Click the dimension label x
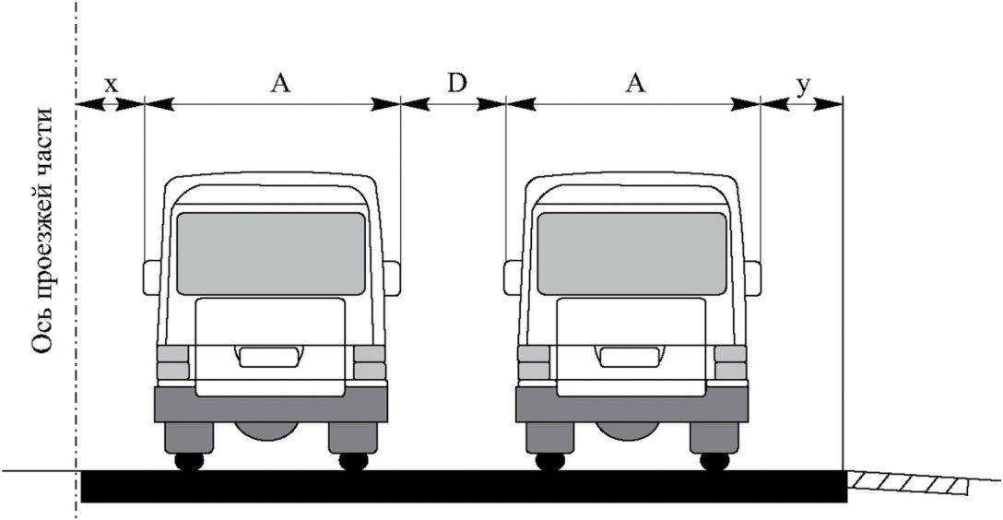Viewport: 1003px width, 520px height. pyautogui.click(x=112, y=86)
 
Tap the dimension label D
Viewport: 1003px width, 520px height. pyautogui.click(x=456, y=83)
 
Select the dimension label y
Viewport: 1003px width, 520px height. pyautogui.click(x=804, y=86)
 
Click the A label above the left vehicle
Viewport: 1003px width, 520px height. pyautogui.click(x=280, y=83)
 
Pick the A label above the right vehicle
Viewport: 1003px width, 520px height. pyautogui.click(x=634, y=83)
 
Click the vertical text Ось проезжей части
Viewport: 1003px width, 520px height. pyautogui.click(x=42, y=230)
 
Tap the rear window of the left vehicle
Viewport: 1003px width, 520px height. pyautogui.click(x=271, y=254)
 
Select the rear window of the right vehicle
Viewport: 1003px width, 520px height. pyautogui.click(x=632, y=254)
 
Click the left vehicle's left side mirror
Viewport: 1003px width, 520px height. pyautogui.click(x=151, y=278)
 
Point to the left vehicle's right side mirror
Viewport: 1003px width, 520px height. pyautogui.click(x=392, y=278)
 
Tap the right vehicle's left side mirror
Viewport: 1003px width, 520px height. pyautogui.click(x=513, y=278)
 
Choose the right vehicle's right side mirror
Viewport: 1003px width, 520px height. pyautogui.click(x=753, y=278)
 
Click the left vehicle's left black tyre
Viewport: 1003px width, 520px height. pyautogui.click(x=189, y=461)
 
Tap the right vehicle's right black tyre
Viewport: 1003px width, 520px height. pyautogui.click(x=714, y=461)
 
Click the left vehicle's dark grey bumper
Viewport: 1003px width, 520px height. pyautogui.click(x=271, y=404)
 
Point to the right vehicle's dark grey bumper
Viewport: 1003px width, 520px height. pyautogui.click(x=632, y=404)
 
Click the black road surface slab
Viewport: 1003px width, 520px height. pyautogui.click(x=465, y=486)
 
